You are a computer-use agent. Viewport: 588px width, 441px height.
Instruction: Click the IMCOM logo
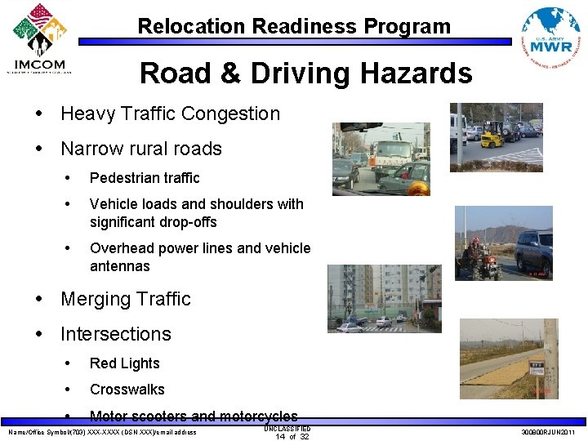pyautogui.click(x=41, y=39)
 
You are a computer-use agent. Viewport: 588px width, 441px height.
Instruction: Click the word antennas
pyautogui.click(x=120, y=266)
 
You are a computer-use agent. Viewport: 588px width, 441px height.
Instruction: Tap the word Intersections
pyautogui.click(x=116, y=334)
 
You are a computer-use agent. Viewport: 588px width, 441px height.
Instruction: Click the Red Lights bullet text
pyautogui.click(x=125, y=363)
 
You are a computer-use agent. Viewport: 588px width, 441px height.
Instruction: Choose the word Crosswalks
pyautogui.click(x=127, y=390)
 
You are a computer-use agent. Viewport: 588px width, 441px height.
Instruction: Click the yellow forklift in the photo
pyautogui.click(x=492, y=136)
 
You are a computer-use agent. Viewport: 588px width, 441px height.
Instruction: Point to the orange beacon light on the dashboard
pyautogui.click(x=417, y=188)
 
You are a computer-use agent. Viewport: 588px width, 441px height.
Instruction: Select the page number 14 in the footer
pyautogui.click(x=279, y=436)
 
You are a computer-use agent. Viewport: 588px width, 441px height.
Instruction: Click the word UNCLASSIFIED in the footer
pyautogui.click(x=287, y=428)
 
